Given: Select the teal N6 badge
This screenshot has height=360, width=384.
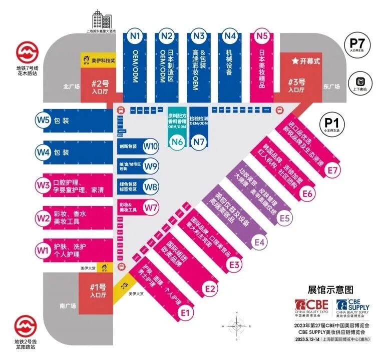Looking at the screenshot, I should (176, 141).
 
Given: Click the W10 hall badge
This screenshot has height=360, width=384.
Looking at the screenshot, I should (150, 147).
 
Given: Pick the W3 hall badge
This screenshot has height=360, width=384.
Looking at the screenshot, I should (43, 184).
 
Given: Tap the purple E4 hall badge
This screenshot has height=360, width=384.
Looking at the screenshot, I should (259, 241).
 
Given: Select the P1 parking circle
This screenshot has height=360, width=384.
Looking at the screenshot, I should (330, 122).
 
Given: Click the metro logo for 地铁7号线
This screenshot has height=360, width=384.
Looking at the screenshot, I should (25, 52).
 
